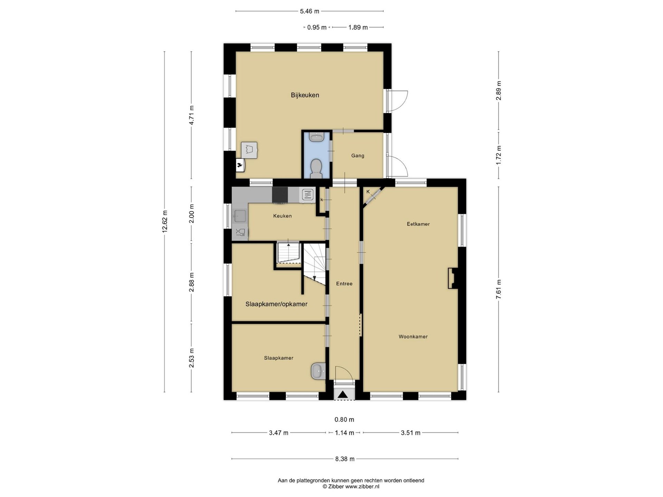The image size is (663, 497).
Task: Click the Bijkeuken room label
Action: (305, 95)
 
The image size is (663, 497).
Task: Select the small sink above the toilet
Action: (316, 137)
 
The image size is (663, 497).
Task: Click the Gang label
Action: (358, 156)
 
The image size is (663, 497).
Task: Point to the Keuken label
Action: (282, 216)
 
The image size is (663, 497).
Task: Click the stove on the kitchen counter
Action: (280, 195)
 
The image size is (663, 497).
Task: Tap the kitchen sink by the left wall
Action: (240, 216)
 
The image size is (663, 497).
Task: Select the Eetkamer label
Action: (418, 224)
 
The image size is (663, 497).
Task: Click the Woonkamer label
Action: (413, 337)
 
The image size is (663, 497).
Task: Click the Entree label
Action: (344, 284)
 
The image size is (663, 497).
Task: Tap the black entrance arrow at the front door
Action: (343, 394)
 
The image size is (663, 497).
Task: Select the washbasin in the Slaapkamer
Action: (318, 371)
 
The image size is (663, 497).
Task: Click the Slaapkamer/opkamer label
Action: (276, 304)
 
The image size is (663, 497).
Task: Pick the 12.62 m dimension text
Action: (165, 222)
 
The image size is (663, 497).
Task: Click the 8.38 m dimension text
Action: (345, 459)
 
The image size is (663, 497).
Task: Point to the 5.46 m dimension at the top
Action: (309, 11)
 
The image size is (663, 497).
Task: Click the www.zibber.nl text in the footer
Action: (362, 487)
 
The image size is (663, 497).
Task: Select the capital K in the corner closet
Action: (368, 192)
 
